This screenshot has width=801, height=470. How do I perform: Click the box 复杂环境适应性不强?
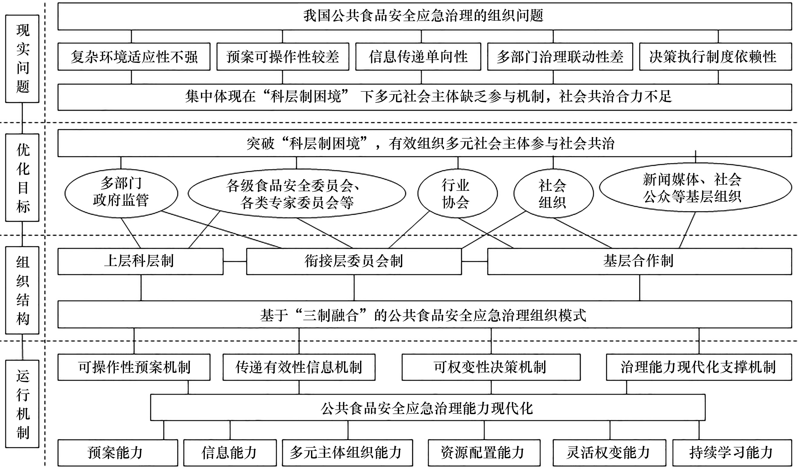coord(134,57)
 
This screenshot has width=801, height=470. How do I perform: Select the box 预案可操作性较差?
coord(282,57)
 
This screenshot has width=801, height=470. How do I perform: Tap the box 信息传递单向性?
coord(418,57)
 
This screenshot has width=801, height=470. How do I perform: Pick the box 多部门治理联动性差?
coord(560,57)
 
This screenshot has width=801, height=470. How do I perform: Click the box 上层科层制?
coord(140,261)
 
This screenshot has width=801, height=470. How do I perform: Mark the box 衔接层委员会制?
coord(354,261)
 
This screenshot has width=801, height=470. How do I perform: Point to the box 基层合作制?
coord(639,261)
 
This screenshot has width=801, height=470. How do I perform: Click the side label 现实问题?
coord(22,59)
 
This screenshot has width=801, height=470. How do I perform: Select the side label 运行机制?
coord(22,404)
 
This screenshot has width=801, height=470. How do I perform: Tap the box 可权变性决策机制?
coord(491,367)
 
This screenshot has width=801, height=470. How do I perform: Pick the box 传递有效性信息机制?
coord(299,367)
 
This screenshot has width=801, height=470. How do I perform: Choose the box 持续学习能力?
coord(731,453)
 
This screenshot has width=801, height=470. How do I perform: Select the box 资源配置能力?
coord(484,453)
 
